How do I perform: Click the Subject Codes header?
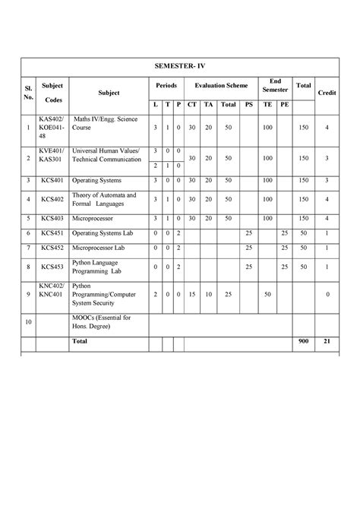pyautogui.click(x=53, y=93)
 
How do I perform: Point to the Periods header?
pyautogui.click(x=166, y=87)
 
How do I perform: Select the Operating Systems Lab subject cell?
pyautogui.click(x=103, y=232)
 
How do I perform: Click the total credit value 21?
pyautogui.click(x=327, y=342)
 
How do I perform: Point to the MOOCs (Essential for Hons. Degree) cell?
pyautogui.click(x=99, y=321)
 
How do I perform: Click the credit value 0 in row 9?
pyautogui.click(x=327, y=293)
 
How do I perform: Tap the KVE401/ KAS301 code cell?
pyautogui.click(x=53, y=156)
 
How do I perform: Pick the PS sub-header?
pyautogui.click(x=248, y=104)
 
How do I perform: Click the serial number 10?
pyautogui.click(x=28, y=322)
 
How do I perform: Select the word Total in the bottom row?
pyautogui.click(x=79, y=342)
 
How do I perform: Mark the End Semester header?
pyautogui.click(x=274, y=86)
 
